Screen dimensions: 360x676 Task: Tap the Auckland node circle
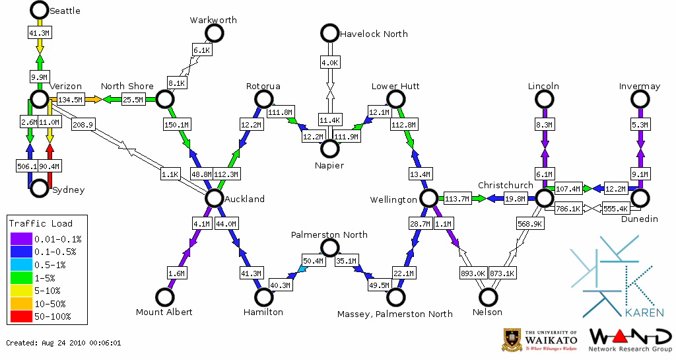213,198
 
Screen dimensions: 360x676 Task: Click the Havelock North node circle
329,32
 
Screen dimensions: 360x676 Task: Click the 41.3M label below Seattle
39,32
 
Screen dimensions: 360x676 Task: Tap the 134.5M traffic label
70,100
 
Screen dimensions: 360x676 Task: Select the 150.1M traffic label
176,124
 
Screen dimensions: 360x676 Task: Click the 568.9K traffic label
530,224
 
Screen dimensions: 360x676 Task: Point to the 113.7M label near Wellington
457,198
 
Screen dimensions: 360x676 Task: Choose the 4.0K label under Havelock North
329,63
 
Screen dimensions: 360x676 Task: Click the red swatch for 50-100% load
20,316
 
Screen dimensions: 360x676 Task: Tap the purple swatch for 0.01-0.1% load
20,238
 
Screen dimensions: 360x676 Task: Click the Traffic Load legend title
41,223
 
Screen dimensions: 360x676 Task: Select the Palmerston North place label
329,235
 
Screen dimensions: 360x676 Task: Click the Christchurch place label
505,185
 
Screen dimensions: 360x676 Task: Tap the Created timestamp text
64,343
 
